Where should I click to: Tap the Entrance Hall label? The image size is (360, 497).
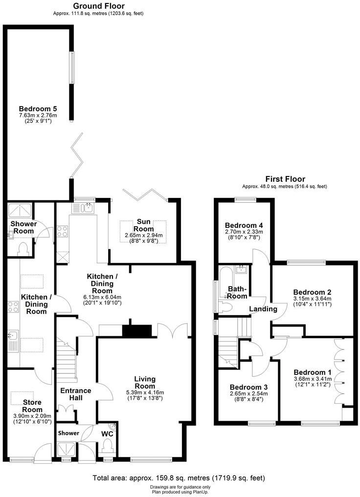click(75, 394)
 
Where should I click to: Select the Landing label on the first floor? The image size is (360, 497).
click(263, 309)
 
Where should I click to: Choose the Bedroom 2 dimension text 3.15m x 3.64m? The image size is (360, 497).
click(312, 299)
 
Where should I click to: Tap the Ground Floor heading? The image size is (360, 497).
click(98, 6)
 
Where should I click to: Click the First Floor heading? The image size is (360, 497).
click(285, 179)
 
